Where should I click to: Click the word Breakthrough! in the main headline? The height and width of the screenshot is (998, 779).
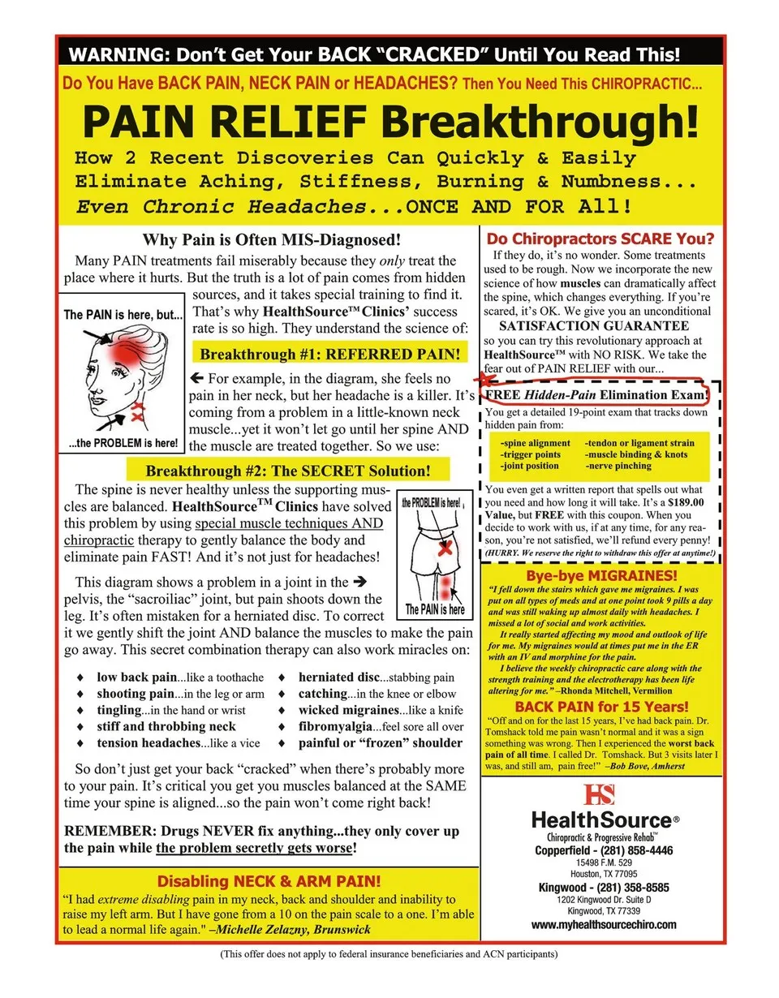[540, 122]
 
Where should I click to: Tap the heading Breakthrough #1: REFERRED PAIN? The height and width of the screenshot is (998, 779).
[329, 355]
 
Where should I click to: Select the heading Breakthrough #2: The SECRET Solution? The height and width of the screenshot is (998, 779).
[287, 471]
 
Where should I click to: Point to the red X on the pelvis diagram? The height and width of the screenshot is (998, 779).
[444, 549]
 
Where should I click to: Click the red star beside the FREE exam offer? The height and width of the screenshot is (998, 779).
[485, 378]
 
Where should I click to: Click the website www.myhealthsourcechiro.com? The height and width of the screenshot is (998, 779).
[604, 924]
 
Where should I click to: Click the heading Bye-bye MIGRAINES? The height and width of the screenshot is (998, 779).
[601, 575]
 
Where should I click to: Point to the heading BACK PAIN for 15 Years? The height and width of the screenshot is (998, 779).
[601, 707]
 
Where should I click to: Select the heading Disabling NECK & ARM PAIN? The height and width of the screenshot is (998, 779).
[268, 881]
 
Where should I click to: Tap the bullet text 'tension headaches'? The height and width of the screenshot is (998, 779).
[148, 743]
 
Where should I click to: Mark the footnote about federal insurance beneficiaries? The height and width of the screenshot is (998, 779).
[389, 954]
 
